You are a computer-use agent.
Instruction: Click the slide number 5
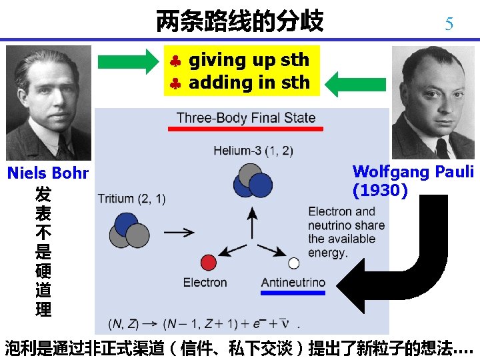pos(449,24)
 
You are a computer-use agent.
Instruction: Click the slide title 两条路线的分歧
pos(239,21)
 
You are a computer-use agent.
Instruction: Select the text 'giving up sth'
pos(249,60)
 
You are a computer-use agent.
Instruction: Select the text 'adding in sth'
pos(249,83)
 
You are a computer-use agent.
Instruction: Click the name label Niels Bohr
pos(47,173)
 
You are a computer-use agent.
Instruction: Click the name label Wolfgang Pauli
pos(413,171)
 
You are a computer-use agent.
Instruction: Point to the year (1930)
pos(380,190)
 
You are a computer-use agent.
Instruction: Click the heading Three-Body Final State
pos(245,118)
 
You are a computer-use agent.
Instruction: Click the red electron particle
pos(209,262)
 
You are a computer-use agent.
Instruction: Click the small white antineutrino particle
pos(294,262)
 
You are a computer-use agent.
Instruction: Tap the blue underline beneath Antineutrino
pos(293,292)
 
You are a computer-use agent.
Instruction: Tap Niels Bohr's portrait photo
pos(48,103)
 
